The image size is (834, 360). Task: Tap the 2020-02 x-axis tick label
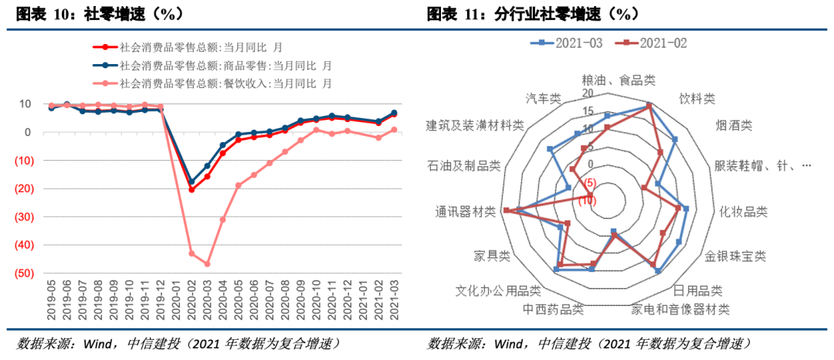(x=191, y=305)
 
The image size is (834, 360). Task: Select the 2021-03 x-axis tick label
(x=394, y=305)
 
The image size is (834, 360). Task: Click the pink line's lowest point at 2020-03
(x=207, y=264)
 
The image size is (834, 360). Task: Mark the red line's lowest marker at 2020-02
(x=192, y=189)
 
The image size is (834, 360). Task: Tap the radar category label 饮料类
(x=697, y=99)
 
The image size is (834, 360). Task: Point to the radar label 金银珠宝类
(x=734, y=256)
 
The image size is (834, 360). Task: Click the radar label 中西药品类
(x=553, y=310)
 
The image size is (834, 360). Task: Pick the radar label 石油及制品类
(x=463, y=165)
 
